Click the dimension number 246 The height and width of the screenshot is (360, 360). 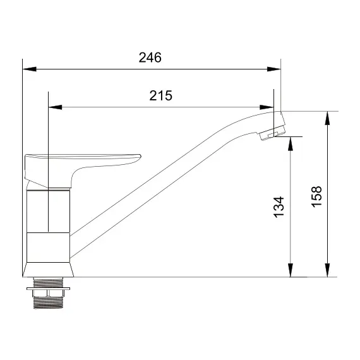click(150, 57)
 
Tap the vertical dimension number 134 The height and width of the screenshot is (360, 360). click(279, 207)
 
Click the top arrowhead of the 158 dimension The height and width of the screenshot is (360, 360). click(328, 117)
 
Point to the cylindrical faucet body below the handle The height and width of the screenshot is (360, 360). click(48, 225)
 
